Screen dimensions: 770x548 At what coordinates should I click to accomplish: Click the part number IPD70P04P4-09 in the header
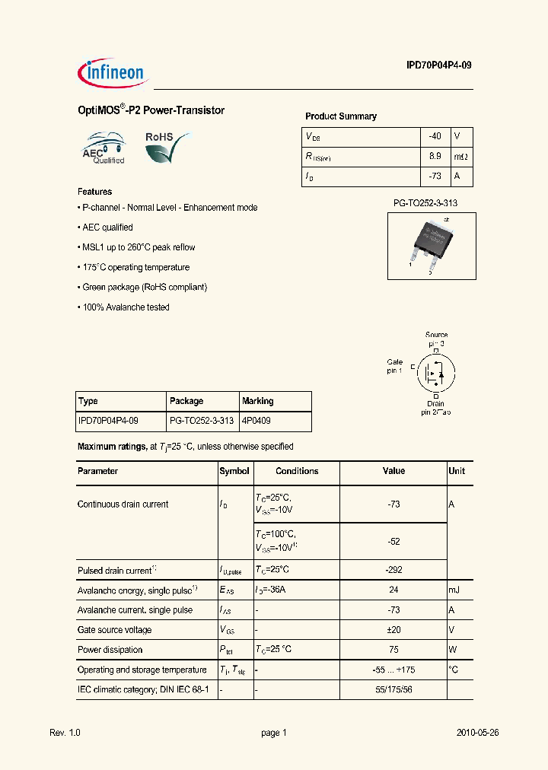pos(439,66)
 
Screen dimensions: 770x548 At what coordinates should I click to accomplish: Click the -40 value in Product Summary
pos(435,136)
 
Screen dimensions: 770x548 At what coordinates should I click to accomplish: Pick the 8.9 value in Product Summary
pos(435,157)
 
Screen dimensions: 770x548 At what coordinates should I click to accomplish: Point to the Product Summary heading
pos(340,116)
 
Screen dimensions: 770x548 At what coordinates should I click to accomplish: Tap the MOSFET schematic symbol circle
pos(437,373)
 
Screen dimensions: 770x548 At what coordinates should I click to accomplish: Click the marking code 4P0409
pos(257,420)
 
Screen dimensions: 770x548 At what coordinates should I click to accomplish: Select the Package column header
pos(186,401)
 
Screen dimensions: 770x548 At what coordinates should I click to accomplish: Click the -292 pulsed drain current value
pos(393,570)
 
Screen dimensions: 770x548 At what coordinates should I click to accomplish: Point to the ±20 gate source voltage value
pos(393,630)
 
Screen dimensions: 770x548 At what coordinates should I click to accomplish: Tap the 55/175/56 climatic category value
pos(393,689)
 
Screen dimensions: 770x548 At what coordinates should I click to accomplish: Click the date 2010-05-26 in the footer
pos(477,733)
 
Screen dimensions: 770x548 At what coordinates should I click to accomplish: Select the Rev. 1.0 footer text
pos(65,733)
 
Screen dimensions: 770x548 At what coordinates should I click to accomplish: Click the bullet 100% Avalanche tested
pos(124,307)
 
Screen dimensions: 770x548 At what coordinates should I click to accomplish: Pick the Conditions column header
pos(297,471)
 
